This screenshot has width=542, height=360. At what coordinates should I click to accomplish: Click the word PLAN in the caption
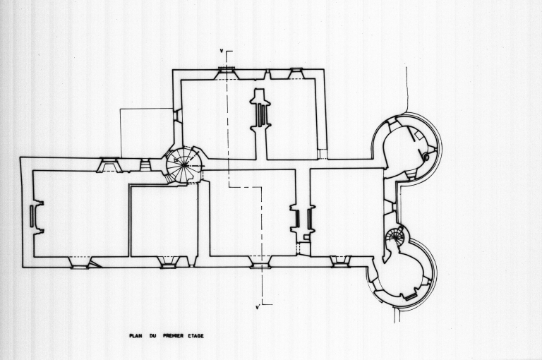(x=135, y=336)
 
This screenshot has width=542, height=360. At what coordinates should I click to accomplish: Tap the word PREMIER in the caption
(x=174, y=336)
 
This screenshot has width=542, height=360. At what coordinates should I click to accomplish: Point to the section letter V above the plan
(x=222, y=51)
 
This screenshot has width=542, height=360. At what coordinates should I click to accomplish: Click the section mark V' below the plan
(x=258, y=308)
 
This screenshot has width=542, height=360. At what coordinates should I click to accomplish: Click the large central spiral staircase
(x=183, y=165)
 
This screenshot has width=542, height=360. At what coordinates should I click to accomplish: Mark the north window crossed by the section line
(x=227, y=70)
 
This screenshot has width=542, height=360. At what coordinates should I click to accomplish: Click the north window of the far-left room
(x=110, y=164)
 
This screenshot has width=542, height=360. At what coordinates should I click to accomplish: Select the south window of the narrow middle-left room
(x=168, y=263)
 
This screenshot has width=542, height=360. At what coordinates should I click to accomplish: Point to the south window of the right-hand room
(x=341, y=261)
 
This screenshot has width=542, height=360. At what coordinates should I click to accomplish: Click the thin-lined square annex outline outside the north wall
(x=146, y=133)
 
